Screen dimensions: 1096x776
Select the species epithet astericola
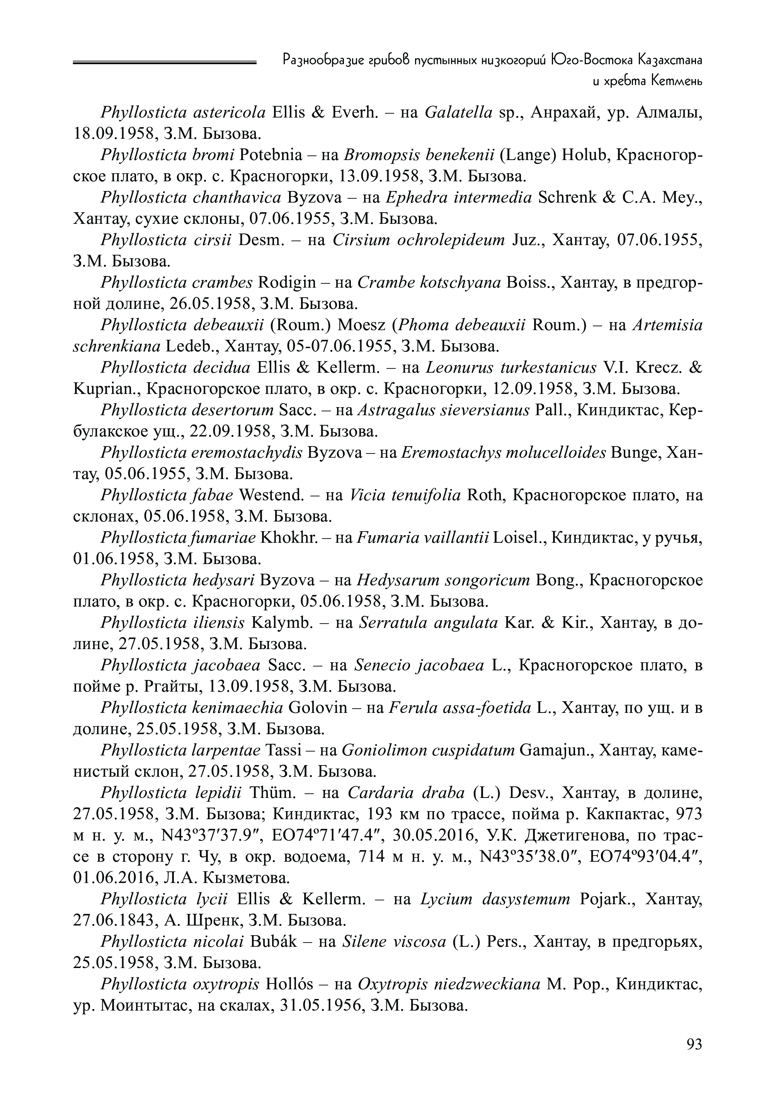229,113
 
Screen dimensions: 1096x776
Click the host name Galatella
458,113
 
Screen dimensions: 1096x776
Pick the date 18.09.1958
114,134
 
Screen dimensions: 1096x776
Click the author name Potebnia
271,155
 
